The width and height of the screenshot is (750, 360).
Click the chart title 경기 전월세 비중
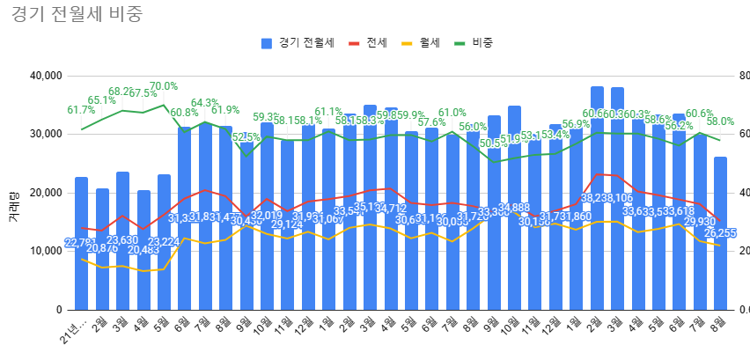[77, 15]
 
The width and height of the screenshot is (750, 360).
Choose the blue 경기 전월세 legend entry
[298, 42]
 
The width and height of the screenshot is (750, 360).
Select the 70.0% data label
[164, 86]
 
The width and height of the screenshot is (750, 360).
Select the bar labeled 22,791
[81, 255]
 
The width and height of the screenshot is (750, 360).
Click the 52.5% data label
[246, 137]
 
